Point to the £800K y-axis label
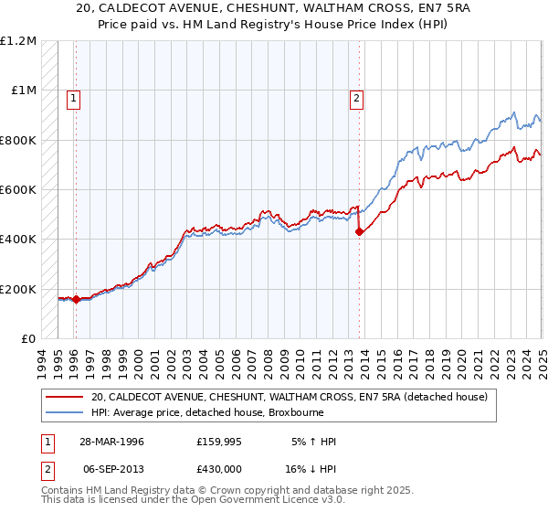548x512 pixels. pyautogui.click(x=18, y=141)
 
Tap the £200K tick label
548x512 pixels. pyautogui.click(x=18, y=290)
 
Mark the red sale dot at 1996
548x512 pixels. pyautogui.click(x=76, y=299)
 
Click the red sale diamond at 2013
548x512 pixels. pyautogui.click(x=359, y=231)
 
